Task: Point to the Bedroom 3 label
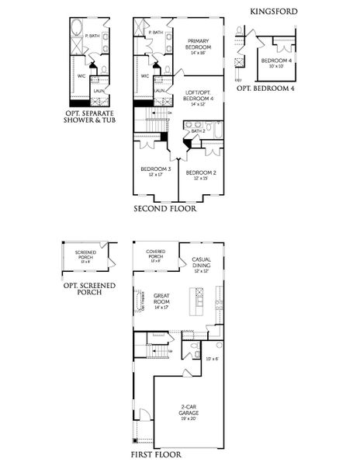tap(156, 171)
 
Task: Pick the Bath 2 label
tap(198, 131)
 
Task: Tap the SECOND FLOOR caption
tap(164, 209)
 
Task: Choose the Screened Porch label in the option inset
tap(85, 256)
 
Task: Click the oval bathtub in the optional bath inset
tap(76, 33)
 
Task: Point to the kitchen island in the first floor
tap(200, 298)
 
